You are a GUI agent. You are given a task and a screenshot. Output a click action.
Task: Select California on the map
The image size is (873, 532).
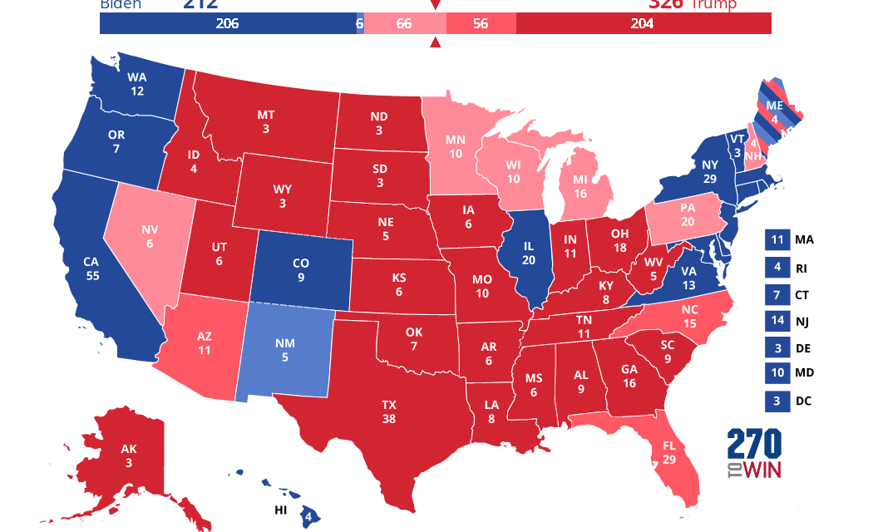tap(91, 268)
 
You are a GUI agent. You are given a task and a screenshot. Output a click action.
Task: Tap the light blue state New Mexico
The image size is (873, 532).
tap(284, 350)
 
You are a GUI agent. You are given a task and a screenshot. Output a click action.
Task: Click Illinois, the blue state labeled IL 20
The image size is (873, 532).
tap(529, 254)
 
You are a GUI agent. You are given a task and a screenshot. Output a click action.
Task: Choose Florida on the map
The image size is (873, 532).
tap(669, 451)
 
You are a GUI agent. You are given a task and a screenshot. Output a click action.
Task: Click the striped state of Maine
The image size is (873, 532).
tap(774, 111)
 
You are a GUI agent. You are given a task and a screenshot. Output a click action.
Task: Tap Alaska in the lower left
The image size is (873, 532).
tap(129, 455)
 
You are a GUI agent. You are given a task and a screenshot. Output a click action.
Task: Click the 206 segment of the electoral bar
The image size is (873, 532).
tap(227, 24)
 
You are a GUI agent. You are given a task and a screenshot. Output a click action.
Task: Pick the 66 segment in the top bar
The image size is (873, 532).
tap(404, 24)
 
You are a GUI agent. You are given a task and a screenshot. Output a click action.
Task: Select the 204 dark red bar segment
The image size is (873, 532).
tap(643, 24)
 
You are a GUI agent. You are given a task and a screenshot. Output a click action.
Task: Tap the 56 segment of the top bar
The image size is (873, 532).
tap(481, 24)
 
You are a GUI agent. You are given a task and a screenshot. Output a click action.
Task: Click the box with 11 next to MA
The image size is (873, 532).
tap(776, 240)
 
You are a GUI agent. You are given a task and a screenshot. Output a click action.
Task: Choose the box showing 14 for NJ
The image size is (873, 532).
tap(776, 321)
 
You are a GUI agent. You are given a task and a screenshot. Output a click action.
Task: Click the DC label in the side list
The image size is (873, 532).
tap(802, 401)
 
